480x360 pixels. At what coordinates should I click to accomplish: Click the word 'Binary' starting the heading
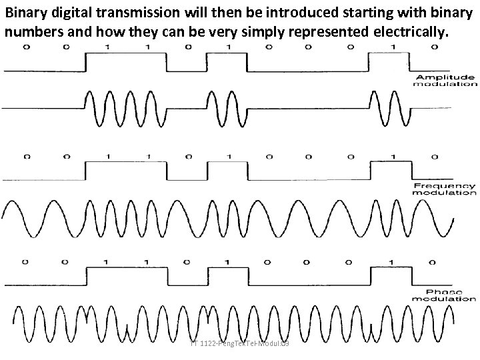[23, 13]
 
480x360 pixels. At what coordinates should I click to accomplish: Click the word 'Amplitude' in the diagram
[445, 77]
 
